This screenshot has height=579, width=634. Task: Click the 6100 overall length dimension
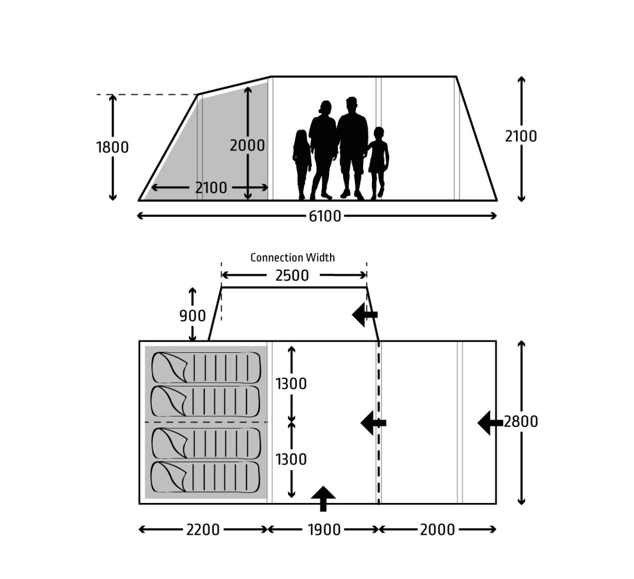click(x=324, y=217)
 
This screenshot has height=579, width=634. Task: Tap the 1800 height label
click(x=112, y=147)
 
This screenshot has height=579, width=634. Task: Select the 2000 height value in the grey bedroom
click(x=247, y=146)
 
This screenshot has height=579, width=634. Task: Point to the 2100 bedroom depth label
click(x=211, y=188)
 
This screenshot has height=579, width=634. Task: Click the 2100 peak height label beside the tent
click(x=521, y=136)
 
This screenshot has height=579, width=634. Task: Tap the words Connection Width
click(x=292, y=258)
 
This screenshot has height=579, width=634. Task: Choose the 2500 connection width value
click(x=292, y=276)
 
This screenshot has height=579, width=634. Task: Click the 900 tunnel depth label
click(x=192, y=316)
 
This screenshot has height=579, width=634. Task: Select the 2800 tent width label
click(x=520, y=422)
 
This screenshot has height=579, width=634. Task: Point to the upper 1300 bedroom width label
click(x=291, y=384)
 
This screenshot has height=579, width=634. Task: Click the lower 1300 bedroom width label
click(x=291, y=460)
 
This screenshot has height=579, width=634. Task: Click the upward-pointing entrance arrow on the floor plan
click(x=323, y=498)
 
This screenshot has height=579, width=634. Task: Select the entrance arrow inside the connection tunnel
click(x=365, y=314)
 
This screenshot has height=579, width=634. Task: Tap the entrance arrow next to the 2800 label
click(x=490, y=423)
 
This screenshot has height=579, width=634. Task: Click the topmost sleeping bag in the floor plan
click(x=206, y=368)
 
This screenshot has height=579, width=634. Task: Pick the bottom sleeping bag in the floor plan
click(x=206, y=477)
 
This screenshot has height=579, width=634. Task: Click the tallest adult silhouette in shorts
click(x=352, y=148)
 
